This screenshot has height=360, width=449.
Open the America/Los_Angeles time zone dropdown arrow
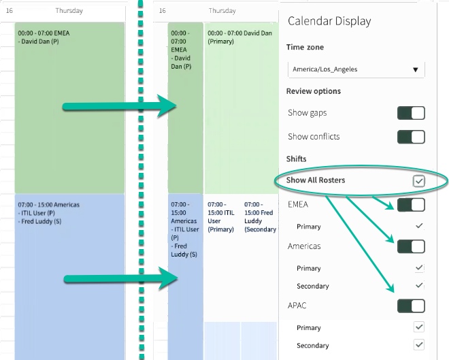(415, 69)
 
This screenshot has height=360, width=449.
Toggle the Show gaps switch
(411, 113)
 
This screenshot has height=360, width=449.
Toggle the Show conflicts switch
(411, 137)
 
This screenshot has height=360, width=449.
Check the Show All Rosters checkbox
(418, 181)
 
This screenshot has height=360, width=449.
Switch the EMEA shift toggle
(411, 205)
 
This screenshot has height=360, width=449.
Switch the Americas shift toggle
(411, 246)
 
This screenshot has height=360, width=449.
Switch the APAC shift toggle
(411, 306)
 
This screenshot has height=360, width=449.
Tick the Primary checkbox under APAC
(419, 327)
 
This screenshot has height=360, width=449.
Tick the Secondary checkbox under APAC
(419, 345)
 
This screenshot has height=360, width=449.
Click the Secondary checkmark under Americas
(419, 285)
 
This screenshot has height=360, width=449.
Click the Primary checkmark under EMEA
(419, 226)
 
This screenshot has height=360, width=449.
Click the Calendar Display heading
(329, 21)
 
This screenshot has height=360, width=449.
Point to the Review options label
(314, 91)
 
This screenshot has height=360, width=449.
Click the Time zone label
(305, 47)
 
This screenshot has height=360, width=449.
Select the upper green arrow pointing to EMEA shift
(120, 106)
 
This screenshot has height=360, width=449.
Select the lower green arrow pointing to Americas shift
(120, 278)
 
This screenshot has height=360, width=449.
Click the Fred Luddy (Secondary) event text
(260, 217)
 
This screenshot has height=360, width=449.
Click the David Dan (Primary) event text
(239, 37)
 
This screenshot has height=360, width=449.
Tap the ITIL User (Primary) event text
(221, 217)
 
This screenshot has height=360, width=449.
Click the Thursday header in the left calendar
(69, 11)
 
